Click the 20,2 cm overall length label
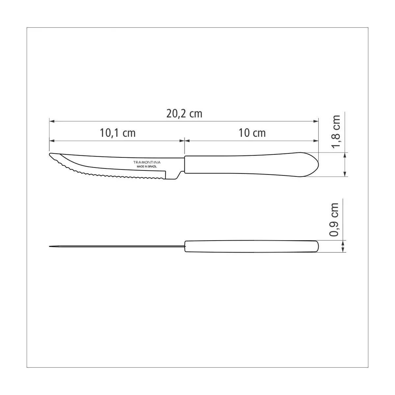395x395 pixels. point(184,114)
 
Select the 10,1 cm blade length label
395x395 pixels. point(118,133)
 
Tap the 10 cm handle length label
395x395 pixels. point(252,133)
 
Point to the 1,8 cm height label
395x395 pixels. point(336,132)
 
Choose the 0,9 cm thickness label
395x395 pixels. point(334,220)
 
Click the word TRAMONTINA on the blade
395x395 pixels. point(147,162)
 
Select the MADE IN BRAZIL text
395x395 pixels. point(147,167)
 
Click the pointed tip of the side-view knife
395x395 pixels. point(50,154)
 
